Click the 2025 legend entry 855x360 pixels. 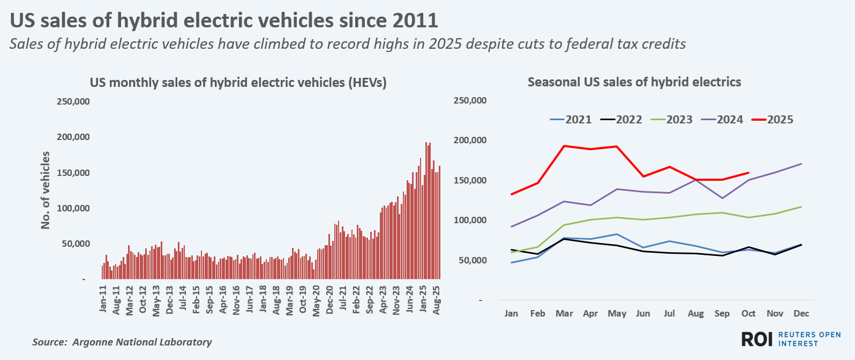coord(772,120)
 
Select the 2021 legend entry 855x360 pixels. coord(571,120)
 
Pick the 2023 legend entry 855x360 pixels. coord(672,120)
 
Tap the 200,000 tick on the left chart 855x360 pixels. coord(73,137)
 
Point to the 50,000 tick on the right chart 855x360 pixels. coord(470,260)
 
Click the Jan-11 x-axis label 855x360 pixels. coord(103,299)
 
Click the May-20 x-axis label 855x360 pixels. coord(316,300)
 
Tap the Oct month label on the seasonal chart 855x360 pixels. coord(748,313)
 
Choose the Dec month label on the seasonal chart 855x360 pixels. coord(801,313)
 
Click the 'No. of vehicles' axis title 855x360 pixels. coord(46,190)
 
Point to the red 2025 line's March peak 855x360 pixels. coord(564,146)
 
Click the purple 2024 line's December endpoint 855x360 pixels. coord(801,164)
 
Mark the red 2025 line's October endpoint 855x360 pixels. coord(748,173)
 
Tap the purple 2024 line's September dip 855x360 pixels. coord(722,199)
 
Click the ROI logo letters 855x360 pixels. coord(756,339)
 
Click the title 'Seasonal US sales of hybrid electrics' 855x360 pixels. coord(634,82)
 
